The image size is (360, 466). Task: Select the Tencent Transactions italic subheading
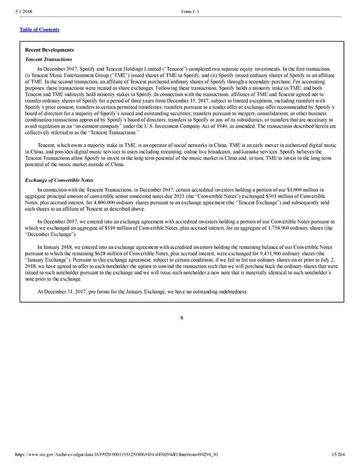coord(49,60)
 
